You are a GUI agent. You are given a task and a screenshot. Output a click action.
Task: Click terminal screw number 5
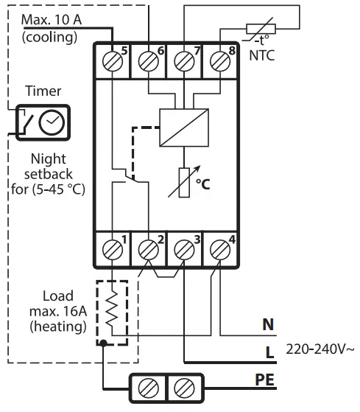[114, 62]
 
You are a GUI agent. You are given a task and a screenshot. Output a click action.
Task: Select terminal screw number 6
[150, 62]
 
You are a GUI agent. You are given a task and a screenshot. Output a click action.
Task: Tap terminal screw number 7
[185, 62]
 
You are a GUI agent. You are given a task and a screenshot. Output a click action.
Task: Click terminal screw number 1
[114, 249]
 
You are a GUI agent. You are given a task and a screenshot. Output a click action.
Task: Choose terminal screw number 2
[150, 249]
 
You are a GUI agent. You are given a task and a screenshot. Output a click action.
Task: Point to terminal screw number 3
[185, 249]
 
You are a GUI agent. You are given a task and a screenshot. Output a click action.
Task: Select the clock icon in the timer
[51, 122]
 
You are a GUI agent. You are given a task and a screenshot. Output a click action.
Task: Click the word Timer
[44, 92]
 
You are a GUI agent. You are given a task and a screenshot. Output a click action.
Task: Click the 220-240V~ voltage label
[318, 346]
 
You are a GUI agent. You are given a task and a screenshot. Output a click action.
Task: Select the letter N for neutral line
[267, 323]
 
